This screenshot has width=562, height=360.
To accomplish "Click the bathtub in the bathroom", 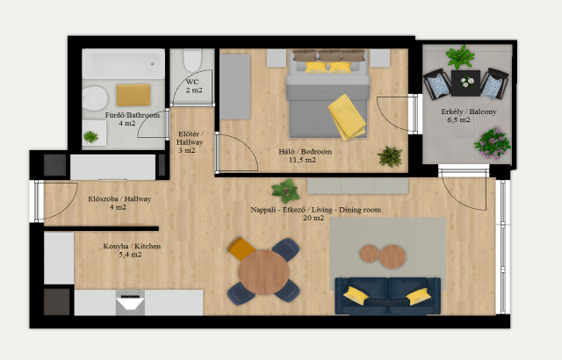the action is [123, 64].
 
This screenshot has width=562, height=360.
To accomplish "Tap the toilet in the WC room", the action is [192, 61].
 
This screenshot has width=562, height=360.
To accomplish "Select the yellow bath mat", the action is [133, 95].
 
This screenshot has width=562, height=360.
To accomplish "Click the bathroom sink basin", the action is [95, 98].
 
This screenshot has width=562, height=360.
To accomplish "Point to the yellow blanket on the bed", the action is [347, 117].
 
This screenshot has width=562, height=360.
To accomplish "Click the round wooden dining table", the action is [264, 272].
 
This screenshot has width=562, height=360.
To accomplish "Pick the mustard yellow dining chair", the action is [241, 248].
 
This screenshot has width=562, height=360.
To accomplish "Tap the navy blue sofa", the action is [388, 296].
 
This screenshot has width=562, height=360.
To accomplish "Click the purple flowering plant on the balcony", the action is [493, 143].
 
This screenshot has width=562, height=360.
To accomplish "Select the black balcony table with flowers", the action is [465, 83].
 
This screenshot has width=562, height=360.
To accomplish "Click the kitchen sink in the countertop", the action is [130, 303].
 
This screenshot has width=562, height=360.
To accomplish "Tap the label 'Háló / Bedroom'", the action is [306, 152].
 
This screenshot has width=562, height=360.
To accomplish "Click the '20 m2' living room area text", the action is [313, 218].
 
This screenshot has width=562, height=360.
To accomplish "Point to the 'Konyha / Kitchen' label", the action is [132, 246].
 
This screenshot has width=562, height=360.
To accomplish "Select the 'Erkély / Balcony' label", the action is [469, 112].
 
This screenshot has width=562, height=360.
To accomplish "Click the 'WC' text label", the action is [192, 82].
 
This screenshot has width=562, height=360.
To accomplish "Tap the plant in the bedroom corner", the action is [390, 156].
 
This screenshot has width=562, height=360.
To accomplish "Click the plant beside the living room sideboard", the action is [285, 191].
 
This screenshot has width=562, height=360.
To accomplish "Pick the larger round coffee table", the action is [393, 257].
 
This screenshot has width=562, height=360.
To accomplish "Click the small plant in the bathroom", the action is [90, 137].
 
